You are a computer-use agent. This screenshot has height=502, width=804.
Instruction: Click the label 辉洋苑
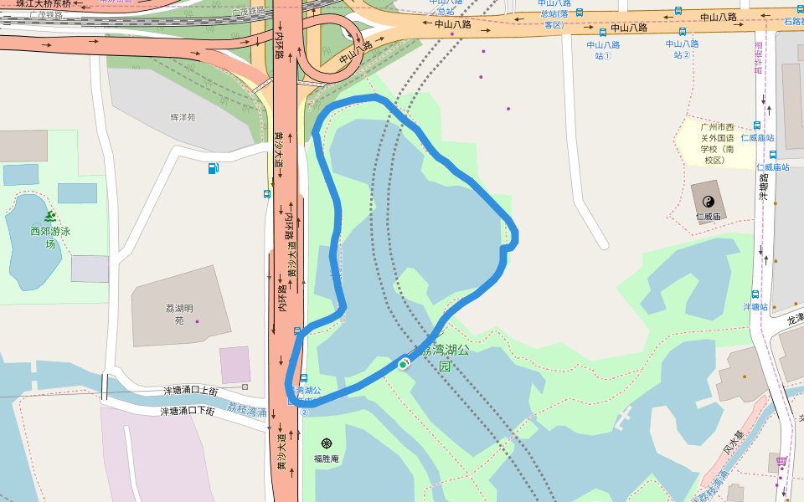183,117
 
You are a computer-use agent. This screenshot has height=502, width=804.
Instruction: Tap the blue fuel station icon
214,168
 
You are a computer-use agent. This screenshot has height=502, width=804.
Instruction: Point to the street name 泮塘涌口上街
190,391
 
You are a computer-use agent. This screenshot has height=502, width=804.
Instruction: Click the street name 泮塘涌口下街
188,411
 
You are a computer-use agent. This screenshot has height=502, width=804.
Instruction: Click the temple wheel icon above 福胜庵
326,443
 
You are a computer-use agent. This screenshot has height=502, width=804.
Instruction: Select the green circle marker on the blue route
403,364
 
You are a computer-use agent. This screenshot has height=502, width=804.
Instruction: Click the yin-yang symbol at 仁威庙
709,201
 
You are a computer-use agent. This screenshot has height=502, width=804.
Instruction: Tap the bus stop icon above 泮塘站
755,295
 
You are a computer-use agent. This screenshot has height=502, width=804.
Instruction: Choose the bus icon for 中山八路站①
603,33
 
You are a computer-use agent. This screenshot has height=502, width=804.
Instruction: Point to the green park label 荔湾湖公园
445,356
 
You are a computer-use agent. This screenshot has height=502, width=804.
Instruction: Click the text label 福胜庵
326,458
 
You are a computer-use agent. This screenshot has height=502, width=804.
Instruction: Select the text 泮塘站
755,307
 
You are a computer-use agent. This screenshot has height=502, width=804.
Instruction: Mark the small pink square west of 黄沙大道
235,365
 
